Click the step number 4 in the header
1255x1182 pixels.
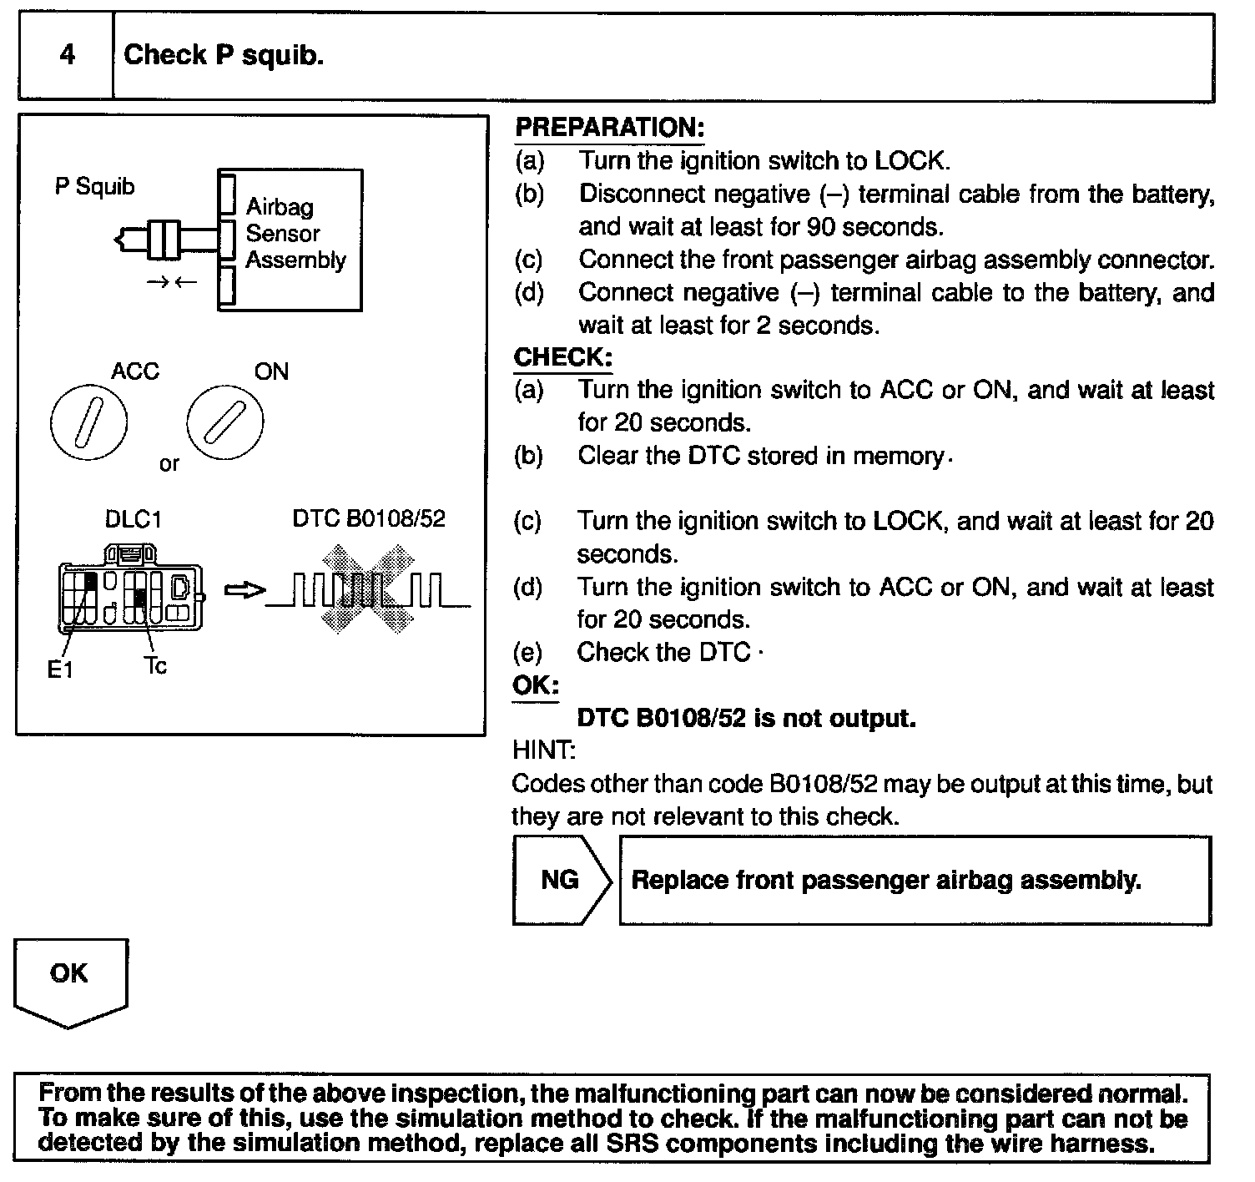click(67, 56)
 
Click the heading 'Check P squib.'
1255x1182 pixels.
click(224, 56)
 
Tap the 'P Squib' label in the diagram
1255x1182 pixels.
click(94, 186)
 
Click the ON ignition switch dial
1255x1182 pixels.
click(224, 424)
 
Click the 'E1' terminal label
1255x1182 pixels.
click(60, 669)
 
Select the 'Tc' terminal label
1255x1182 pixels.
click(155, 665)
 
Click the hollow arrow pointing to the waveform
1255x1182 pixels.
click(244, 591)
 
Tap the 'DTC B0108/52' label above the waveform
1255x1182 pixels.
click(369, 518)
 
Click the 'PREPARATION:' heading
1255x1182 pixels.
click(609, 128)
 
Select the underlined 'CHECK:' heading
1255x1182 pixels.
click(563, 357)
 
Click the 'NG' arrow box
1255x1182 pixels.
click(560, 880)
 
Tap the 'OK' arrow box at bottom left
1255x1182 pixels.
click(70, 978)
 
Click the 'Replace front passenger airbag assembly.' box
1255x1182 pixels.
click(915, 880)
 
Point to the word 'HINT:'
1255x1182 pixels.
click(543, 750)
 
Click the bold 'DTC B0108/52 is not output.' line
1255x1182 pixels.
click(746, 718)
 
